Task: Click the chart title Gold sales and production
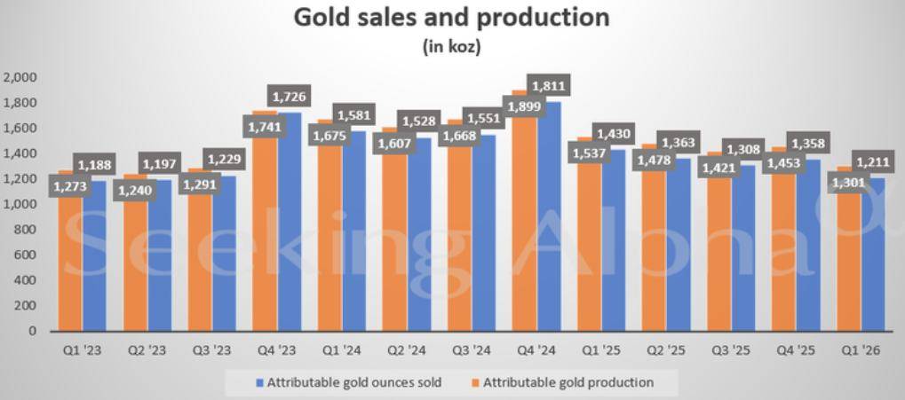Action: [451, 17]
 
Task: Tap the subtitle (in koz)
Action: [452, 47]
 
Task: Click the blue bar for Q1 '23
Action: [95, 256]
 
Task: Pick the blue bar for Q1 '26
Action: [873, 255]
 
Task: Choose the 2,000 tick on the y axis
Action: [20, 77]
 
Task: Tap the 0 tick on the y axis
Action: [32, 331]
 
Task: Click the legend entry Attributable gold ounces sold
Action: [348, 382]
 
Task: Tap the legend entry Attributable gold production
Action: [562, 382]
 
